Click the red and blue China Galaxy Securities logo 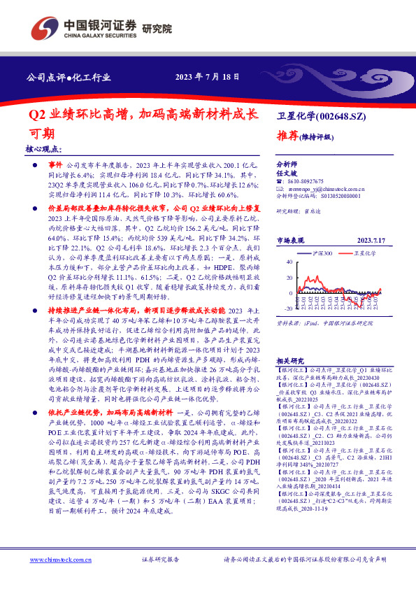point(43,29)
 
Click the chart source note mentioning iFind point(331,324)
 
